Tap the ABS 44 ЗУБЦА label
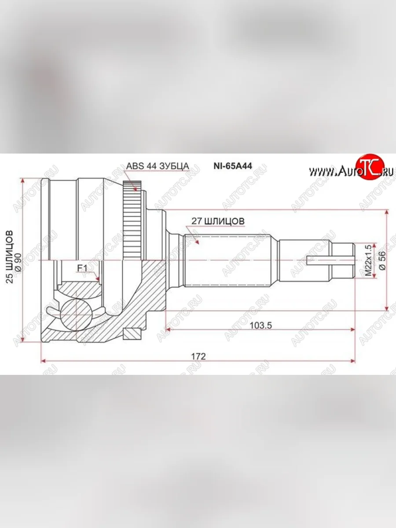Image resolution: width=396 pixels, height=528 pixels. (158, 166)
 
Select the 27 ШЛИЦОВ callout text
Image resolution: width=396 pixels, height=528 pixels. (218, 221)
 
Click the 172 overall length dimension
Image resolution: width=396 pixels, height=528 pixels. (198, 356)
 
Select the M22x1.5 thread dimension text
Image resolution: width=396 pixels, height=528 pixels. (368, 260)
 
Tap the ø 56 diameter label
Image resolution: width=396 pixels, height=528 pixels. (381, 260)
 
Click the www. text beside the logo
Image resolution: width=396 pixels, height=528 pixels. (320, 172)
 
